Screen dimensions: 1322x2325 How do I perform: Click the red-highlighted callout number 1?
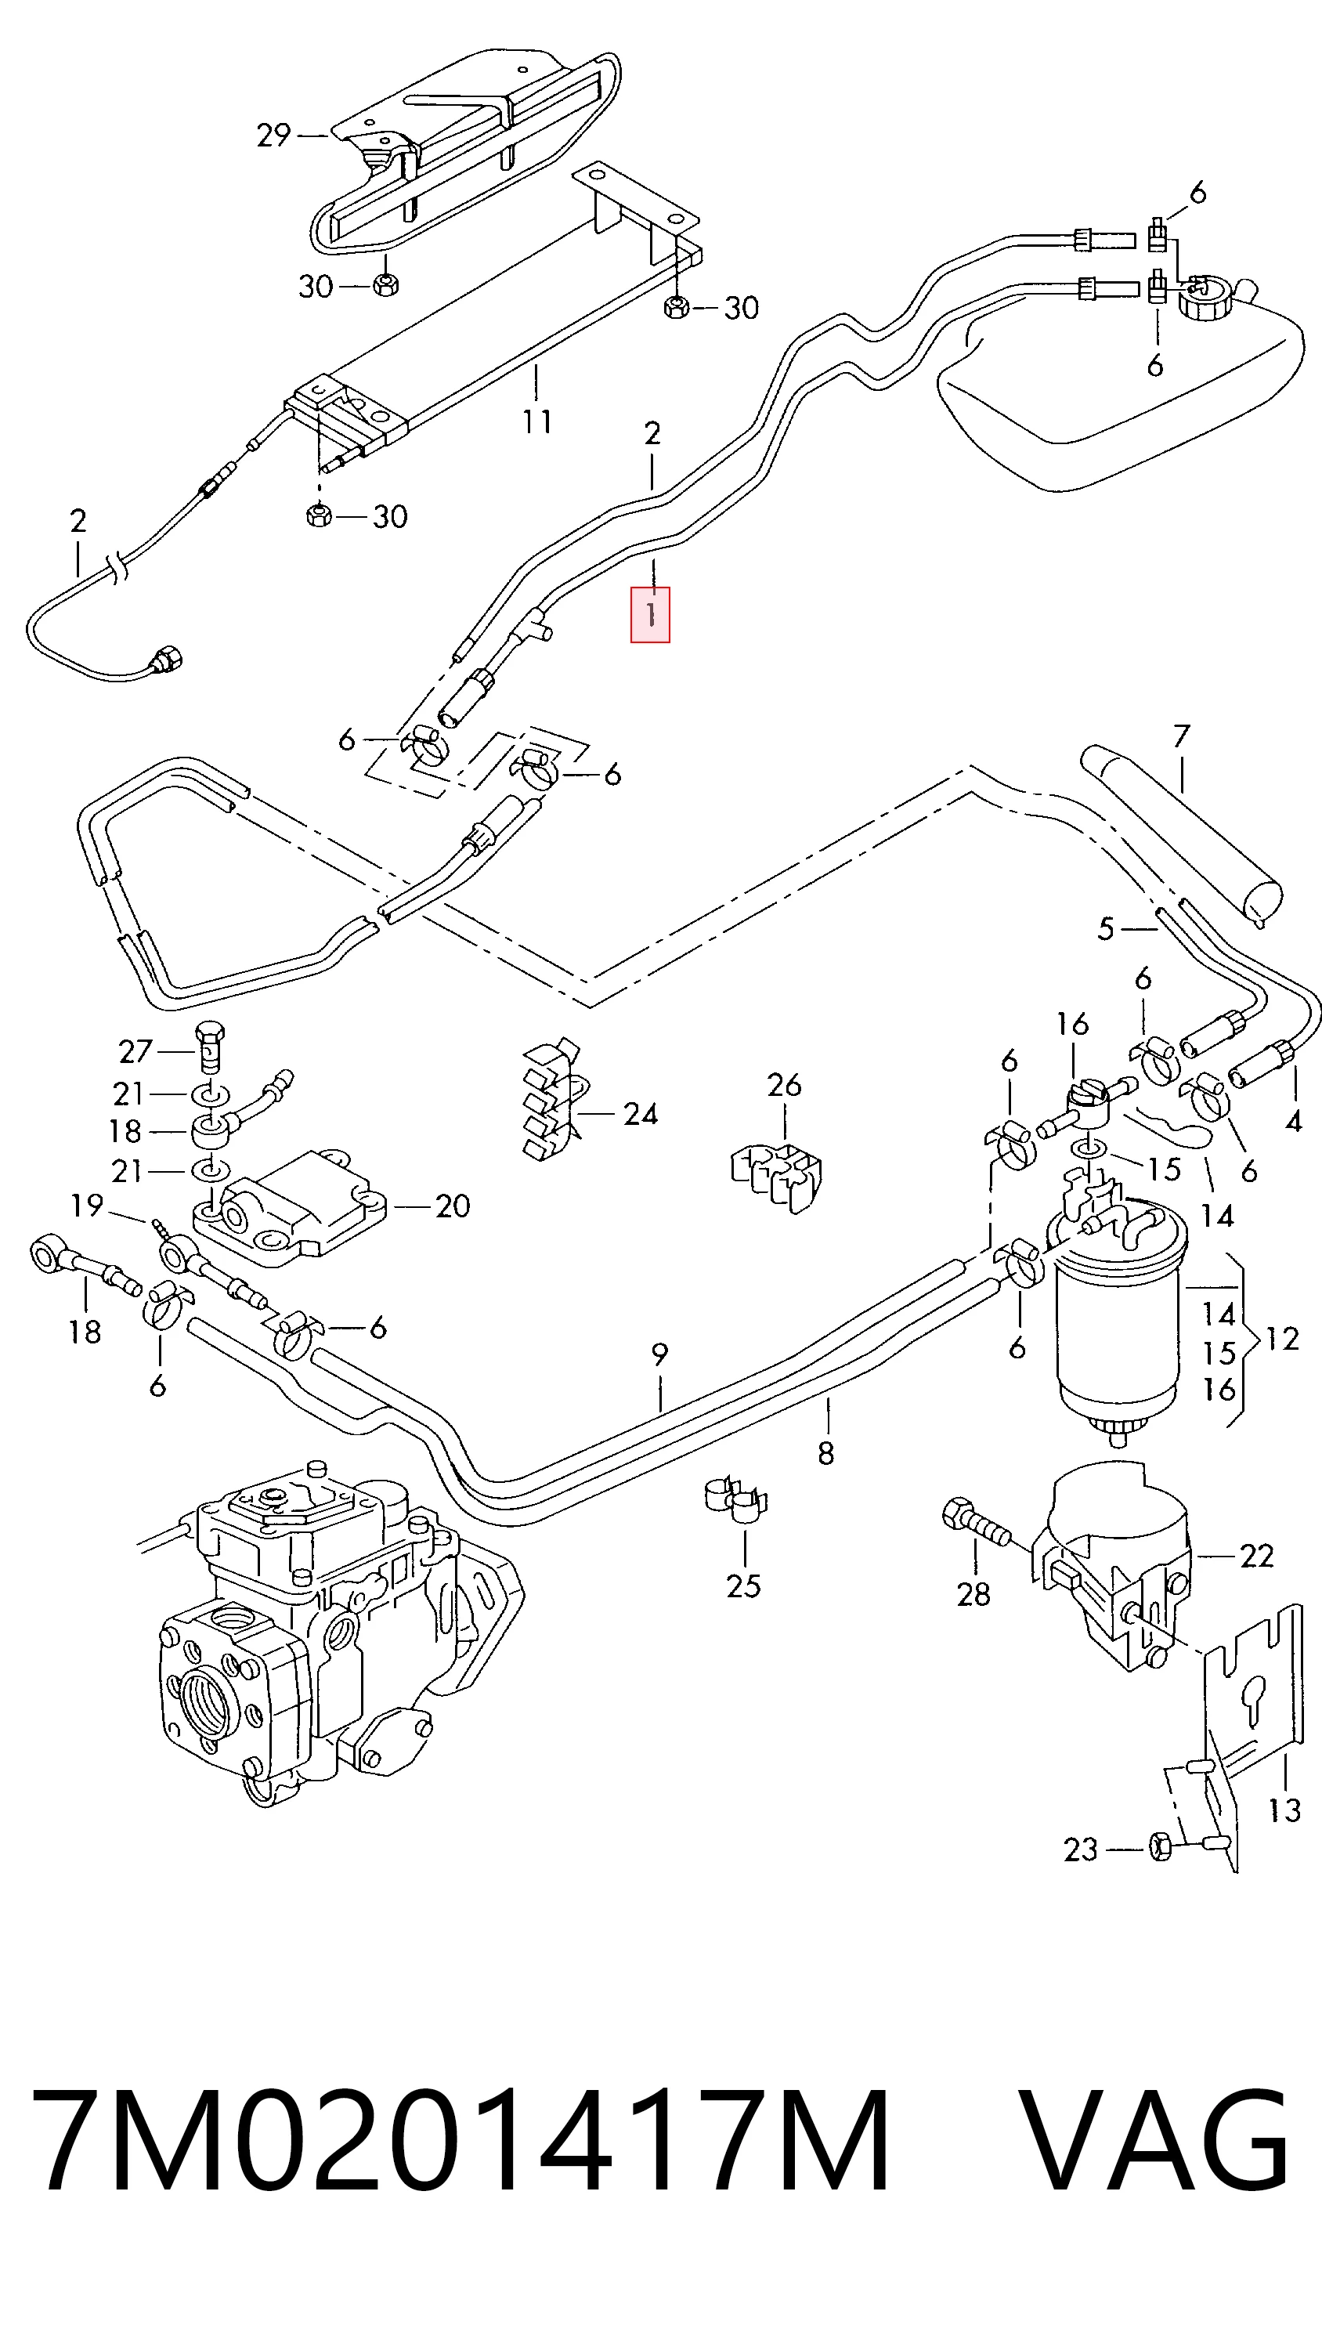coord(650,615)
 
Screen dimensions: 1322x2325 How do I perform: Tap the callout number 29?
coord(273,136)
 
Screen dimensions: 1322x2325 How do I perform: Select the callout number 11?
coord(536,421)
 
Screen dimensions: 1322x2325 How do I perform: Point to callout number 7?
coord(1180,736)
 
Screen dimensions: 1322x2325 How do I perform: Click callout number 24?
coord(640,1113)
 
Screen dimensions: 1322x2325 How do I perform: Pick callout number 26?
coord(785,1084)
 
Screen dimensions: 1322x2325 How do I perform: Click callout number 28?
coord(973,1594)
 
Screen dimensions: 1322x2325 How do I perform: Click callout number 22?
coord(1258,1556)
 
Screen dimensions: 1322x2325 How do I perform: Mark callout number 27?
coord(135,1052)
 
